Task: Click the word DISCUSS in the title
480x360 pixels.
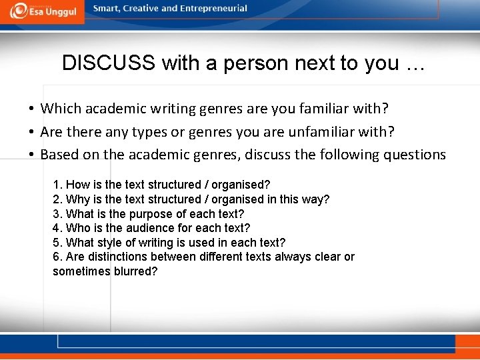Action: pos(109,63)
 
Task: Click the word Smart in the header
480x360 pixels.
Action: pos(107,9)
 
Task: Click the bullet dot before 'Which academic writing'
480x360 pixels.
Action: pos(31,109)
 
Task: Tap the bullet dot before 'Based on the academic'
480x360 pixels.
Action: pos(31,155)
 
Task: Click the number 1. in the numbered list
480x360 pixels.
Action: pos(57,185)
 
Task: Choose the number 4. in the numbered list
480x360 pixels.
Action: pos(57,228)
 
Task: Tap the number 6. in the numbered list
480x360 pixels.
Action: pos(57,257)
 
